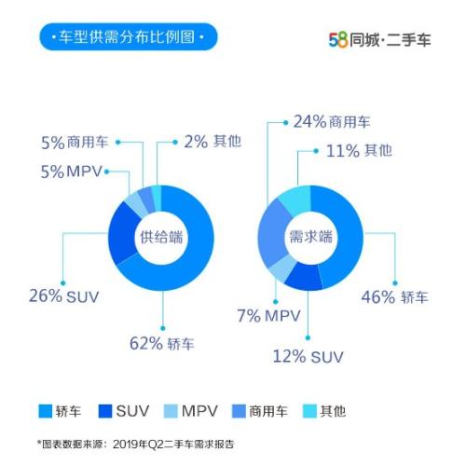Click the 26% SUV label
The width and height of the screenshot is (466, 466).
click(63, 297)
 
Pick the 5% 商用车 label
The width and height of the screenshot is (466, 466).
click(75, 143)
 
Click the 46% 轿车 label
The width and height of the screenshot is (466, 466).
click(394, 297)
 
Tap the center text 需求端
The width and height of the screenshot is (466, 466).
click(310, 237)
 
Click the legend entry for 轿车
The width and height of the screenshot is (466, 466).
click(62, 410)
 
